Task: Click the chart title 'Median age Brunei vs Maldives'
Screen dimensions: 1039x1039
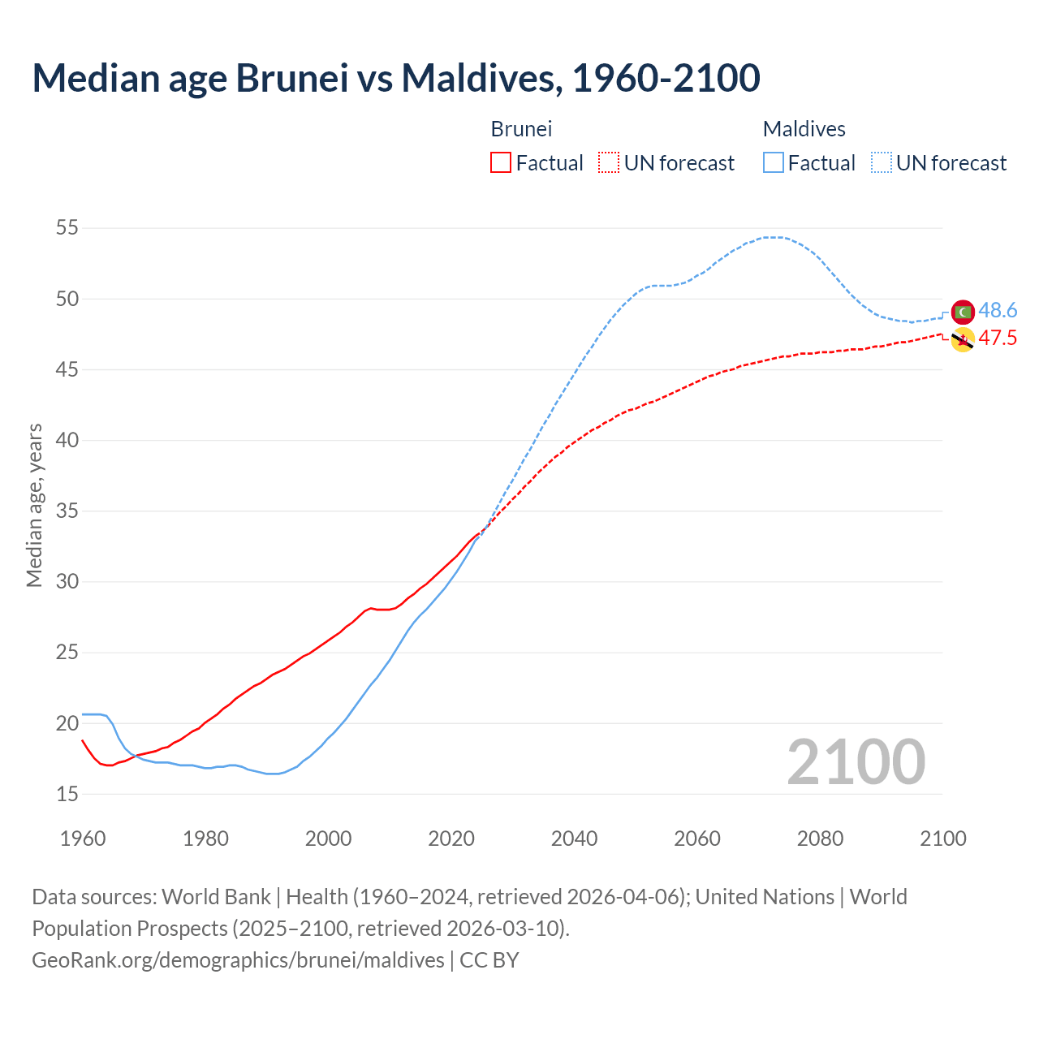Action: tap(396, 78)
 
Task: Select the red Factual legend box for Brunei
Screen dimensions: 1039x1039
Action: tap(501, 162)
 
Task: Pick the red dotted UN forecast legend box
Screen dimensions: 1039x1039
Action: tap(609, 162)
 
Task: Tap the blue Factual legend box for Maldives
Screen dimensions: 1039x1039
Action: tap(774, 162)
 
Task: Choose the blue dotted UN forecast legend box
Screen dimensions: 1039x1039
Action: tap(881, 162)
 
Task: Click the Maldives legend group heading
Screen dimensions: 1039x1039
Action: tap(804, 129)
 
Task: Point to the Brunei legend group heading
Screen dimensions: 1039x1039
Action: tap(521, 129)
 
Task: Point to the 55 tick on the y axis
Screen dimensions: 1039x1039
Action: tap(67, 228)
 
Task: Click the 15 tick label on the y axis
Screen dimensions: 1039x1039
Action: tap(67, 794)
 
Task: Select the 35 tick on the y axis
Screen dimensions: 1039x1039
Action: tap(67, 511)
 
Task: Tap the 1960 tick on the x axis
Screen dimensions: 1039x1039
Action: tap(83, 839)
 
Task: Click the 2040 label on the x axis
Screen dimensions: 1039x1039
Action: tap(574, 839)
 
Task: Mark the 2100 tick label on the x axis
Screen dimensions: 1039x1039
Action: tap(943, 839)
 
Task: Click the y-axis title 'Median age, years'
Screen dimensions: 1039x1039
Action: tap(34, 505)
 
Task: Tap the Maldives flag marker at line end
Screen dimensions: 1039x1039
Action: tap(963, 312)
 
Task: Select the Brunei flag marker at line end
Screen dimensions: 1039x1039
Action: tap(963, 340)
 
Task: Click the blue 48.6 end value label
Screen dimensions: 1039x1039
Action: tap(998, 310)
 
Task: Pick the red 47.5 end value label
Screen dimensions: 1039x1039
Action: tap(998, 338)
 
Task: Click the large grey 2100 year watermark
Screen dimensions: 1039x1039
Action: tap(856, 762)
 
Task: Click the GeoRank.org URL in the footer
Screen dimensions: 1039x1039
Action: tap(238, 959)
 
